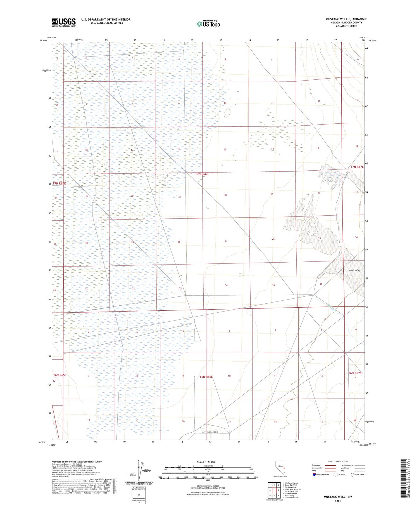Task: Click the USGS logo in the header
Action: [x=64, y=22]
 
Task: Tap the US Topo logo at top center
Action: [x=208, y=24]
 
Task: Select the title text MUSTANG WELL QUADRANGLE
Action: [x=346, y=19]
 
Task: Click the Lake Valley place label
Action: [x=355, y=270]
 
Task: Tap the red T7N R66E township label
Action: [x=202, y=174]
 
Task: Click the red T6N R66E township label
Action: [x=206, y=377]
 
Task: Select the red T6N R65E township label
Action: [x=60, y=375]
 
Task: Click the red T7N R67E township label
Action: [x=357, y=167]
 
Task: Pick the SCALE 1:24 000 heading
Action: [x=208, y=462]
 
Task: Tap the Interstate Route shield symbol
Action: [x=314, y=474]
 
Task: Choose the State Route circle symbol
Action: [x=353, y=474]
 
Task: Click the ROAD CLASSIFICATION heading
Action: [x=338, y=461]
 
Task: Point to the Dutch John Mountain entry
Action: [x=292, y=489]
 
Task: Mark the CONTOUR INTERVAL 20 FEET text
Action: [x=208, y=486]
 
